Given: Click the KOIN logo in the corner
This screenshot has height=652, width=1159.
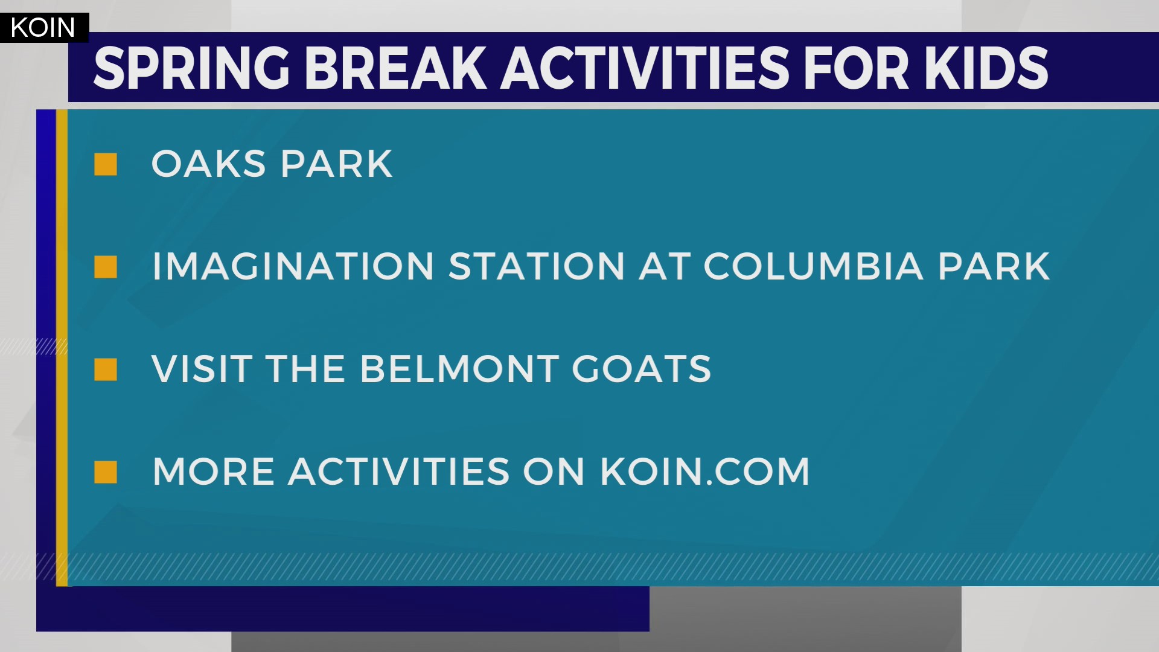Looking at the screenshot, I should (x=43, y=28).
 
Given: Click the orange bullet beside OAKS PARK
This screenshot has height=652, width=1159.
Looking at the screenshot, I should (x=106, y=164).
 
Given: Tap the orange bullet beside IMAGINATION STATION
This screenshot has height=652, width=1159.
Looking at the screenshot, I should (x=106, y=267).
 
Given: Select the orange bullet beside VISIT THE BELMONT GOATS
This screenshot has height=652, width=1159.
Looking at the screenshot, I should (x=106, y=369).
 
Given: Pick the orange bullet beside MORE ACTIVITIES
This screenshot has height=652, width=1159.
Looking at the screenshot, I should (x=106, y=472).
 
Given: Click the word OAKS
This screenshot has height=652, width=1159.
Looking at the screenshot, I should (x=208, y=164).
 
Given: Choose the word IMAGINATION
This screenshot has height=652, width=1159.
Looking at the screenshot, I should (x=293, y=267).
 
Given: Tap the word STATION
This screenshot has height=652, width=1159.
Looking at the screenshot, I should (x=536, y=267).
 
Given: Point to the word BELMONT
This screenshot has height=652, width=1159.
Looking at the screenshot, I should (x=459, y=369).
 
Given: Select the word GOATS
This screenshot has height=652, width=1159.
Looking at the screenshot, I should (x=641, y=369).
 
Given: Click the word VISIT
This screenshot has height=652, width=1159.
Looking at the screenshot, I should (x=202, y=369).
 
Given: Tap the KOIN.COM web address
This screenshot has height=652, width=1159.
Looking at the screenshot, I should (x=704, y=472).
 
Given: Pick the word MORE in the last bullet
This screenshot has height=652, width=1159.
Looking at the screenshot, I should (x=214, y=472).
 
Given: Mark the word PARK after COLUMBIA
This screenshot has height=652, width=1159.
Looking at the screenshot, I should (x=994, y=267).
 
